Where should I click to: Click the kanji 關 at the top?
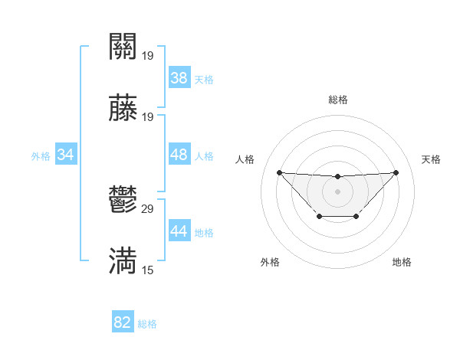(x=123, y=46)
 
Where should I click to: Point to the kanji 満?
(x=123, y=260)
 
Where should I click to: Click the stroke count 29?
(x=148, y=208)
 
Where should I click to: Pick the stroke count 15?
(x=148, y=270)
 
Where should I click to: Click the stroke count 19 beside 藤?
(x=148, y=116)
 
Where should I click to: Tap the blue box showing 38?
(x=179, y=78)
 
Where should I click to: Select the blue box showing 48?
(x=179, y=155)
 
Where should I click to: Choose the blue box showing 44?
(x=179, y=231)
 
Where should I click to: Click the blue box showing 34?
(x=66, y=155)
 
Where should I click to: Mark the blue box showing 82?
(x=123, y=322)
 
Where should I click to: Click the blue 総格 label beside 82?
(x=147, y=324)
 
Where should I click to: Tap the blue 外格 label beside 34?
(x=41, y=156)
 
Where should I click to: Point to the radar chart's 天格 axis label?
(x=431, y=159)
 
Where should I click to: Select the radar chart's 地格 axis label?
(x=402, y=262)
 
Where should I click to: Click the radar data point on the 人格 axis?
(x=279, y=172)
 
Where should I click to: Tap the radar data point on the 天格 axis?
(x=396, y=172)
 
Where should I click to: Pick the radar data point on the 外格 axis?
(x=319, y=217)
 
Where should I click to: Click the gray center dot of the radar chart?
(x=337, y=191)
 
